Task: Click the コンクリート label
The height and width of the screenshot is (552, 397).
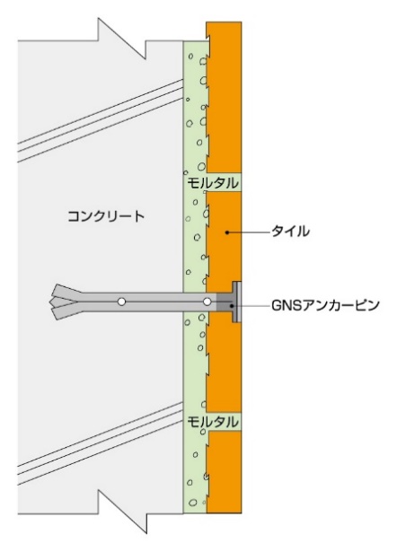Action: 106,215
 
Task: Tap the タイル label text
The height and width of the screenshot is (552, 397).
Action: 290,232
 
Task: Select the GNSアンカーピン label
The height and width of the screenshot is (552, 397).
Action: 325,305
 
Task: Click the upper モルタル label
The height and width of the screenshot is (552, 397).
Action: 212,183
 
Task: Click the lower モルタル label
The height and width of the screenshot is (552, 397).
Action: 212,422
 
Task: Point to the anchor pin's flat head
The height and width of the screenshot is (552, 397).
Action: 237,302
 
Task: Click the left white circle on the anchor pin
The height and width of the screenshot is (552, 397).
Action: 121,302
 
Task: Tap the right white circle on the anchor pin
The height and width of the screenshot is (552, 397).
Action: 207,302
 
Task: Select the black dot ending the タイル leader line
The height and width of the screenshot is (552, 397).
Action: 227,232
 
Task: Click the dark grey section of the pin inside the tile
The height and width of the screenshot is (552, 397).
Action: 225,302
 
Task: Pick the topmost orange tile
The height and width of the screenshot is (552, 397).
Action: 224,97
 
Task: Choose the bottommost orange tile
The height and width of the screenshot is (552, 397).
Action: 224,472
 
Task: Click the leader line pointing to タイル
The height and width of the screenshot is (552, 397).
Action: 250,232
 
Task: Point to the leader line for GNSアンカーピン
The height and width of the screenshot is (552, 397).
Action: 251,306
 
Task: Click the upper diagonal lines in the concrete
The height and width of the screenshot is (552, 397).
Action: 101,120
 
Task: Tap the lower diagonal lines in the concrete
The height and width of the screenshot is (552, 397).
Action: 101,443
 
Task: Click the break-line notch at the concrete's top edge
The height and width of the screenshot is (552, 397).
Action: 121,39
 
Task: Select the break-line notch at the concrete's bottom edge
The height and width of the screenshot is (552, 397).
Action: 121,513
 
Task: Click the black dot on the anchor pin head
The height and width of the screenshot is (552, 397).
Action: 232,306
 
